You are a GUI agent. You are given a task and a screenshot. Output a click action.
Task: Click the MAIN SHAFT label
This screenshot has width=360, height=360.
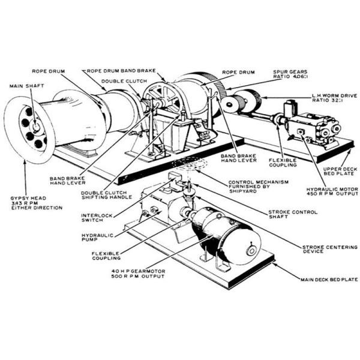(x=23, y=86)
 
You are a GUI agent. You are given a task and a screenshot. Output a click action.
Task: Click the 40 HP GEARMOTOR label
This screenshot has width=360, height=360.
(x=140, y=274)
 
